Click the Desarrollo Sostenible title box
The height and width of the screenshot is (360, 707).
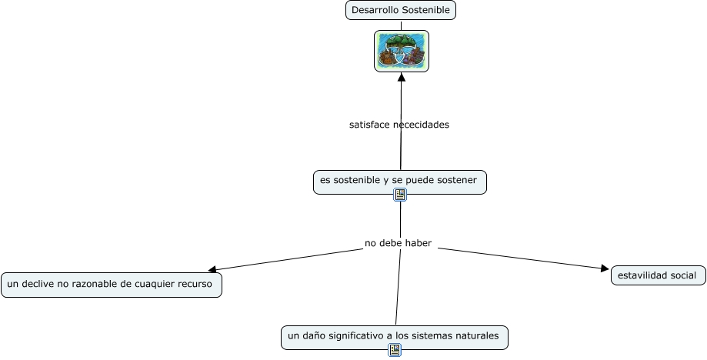coord(401,10)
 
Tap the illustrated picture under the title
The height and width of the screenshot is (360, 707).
coord(402,52)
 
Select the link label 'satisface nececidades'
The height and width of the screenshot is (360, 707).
coord(399,124)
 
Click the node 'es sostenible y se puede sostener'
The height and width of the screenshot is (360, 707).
coord(399,180)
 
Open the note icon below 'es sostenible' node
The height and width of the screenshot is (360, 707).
coord(400,195)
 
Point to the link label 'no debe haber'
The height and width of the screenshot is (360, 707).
coord(398,243)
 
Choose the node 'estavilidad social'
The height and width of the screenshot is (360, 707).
coord(658,275)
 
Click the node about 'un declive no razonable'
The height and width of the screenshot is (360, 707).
coord(111,284)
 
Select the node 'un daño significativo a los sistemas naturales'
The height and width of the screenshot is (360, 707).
coord(394,336)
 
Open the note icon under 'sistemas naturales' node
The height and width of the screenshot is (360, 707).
coord(395,350)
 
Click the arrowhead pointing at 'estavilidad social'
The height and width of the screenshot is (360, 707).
coord(605,268)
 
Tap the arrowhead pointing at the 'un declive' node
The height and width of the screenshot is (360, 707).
coord(212,270)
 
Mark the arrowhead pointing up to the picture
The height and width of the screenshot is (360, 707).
coord(401,77)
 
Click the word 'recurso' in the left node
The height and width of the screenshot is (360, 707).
coord(194,284)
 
